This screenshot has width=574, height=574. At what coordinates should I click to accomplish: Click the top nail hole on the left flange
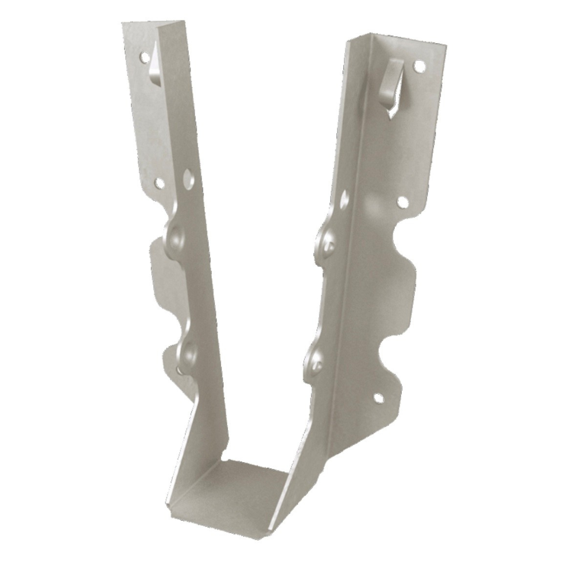click(x=143, y=57)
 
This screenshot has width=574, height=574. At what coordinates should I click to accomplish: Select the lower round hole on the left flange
click(x=160, y=183)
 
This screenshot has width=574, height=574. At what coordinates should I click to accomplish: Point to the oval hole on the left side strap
click(x=188, y=180)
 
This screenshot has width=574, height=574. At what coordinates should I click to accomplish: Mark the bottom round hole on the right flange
click(x=378, y=397)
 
